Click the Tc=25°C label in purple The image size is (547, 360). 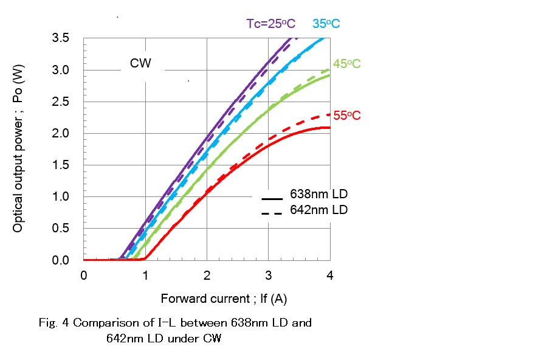tap(270, 24)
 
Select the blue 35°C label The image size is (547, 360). tap(326, 24)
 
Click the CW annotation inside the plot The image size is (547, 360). tap(140, 63)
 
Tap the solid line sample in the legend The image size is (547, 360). tap(273, 199)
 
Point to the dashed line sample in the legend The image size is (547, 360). tap(273, 213)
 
